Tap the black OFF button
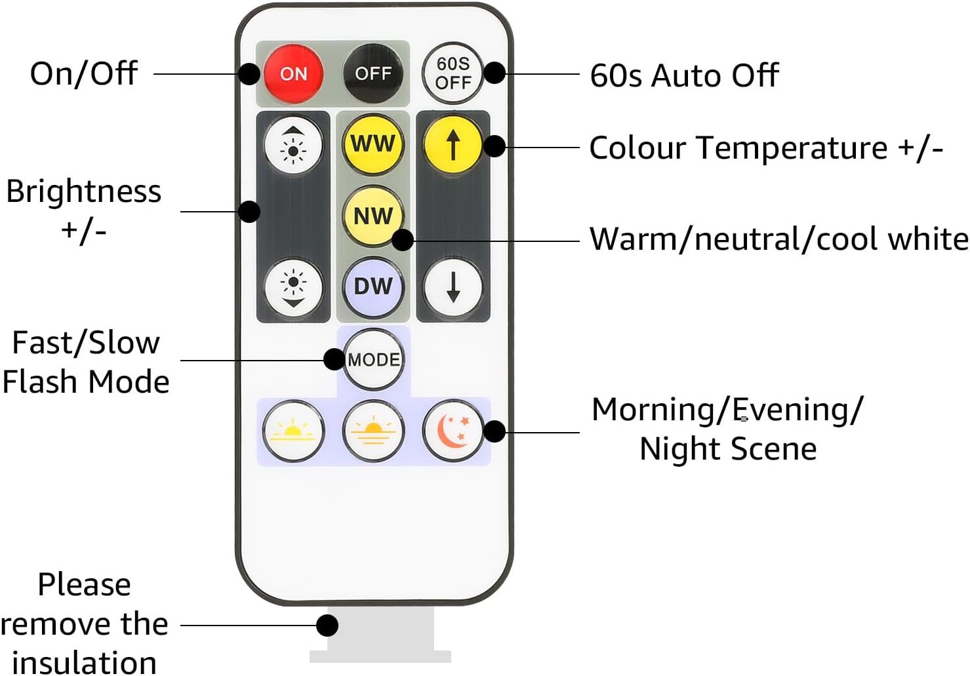pyautogui.click(x=373, y=73)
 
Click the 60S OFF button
pyautogui.click(x=453, y=73)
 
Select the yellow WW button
pyautogui.click(x=373, y=144)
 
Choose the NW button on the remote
pyautogui.click(x=373, y=215)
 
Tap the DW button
pyautogui.click(x=373, y=287)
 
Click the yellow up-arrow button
pyautogui.click(x=453, y=144)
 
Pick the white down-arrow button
pyautogui.click(x=453, y=287)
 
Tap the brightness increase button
pyautogui.click(x=293, y=144)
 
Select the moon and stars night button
pyautogui.click(x=453, y=430)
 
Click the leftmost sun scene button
pyautogui.click(x=293, y=430)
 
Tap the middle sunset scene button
pyautogui.click(x=373, y=430)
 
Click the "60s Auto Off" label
pyautogui.click(x=683, y=75)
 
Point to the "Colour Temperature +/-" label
pyautogui.click(x=765, y=148)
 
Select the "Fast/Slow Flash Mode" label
pyautogui.click(x=86, y=362)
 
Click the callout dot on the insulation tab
pyautogui.click(x=327, y=625)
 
